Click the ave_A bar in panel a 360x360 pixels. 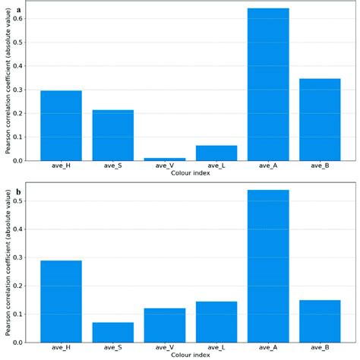tap(268, 84)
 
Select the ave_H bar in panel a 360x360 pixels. tap(61, 125)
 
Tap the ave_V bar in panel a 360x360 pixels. tap(165, 159)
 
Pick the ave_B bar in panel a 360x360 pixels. tap(320, 119)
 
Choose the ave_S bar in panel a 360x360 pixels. tap(113, 135)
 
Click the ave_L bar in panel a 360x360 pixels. tap(216, 153)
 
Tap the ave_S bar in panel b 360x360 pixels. tap(113, 332)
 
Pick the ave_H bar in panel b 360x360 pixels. tap(61, 301)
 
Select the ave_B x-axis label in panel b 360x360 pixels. tap(320, 349)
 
